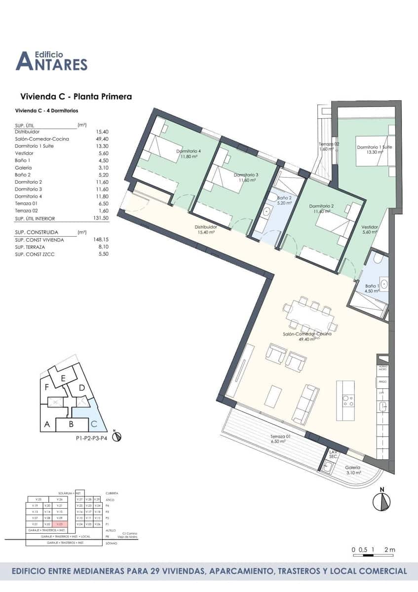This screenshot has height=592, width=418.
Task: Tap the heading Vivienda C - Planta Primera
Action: (x=76, y=97)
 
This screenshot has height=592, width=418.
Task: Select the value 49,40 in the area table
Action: (x=102, y=139)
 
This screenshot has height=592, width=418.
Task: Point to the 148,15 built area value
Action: (x=100, y=240)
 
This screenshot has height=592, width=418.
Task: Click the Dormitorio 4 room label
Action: (x=189, y=153)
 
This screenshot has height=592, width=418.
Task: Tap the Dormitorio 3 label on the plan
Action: (x=246, y=178)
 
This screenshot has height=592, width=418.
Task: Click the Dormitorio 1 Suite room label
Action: (x=374, y=149)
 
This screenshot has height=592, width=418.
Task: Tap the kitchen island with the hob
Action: (x=346, y=400)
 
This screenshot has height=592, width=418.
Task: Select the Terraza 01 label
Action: (x=279, y=439)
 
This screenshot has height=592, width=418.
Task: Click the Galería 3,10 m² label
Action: (x=352, y=470)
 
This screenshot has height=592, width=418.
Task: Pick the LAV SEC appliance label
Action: (x=333, y=454)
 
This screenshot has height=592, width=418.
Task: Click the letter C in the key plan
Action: (x=93, y=423)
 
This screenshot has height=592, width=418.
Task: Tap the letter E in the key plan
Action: (x=63, y=378)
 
